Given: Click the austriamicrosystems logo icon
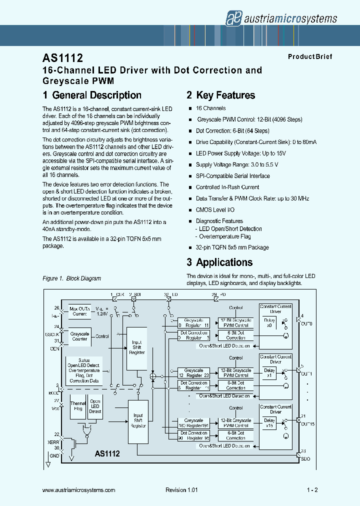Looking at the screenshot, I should [233, 18].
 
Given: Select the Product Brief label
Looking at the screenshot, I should [309, 57].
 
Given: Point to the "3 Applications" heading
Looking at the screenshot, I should [219, 262].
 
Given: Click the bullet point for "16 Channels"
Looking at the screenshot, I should [190, 108].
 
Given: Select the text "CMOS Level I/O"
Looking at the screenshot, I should [215, 210].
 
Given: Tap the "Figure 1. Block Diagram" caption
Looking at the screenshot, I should [72, 278].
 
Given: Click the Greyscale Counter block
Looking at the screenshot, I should [80, 336].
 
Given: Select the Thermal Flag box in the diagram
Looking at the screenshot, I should [78, 406].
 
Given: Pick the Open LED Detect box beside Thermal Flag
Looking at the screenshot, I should [95, 406].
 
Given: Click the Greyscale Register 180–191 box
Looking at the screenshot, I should [193, 423].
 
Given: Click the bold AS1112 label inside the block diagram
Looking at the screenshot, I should [107, 454].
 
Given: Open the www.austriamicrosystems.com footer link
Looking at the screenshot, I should [79, 490].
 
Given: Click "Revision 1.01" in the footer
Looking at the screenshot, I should [181, 490].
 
